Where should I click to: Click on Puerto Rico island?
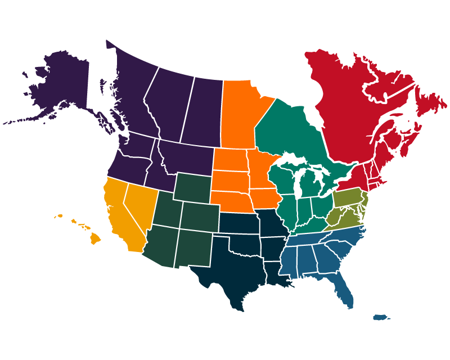pos(381,317)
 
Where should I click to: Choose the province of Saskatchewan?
pos(202,112)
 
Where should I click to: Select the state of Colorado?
pos(200,217)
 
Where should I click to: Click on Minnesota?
pos(260,169)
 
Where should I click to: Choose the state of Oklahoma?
pos(242,245)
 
